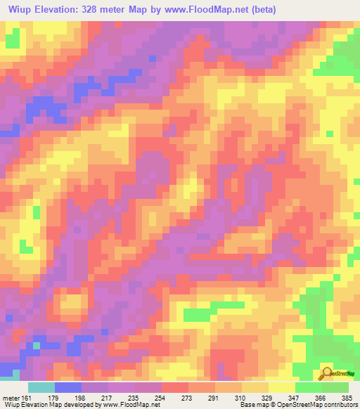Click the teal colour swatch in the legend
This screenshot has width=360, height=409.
click(41, 387)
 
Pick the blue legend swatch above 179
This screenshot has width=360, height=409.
click(68, 387)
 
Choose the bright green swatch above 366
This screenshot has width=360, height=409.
click(309, 387)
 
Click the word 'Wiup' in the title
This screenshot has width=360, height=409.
click(21, 10)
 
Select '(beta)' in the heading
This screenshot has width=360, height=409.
click(258, 10)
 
